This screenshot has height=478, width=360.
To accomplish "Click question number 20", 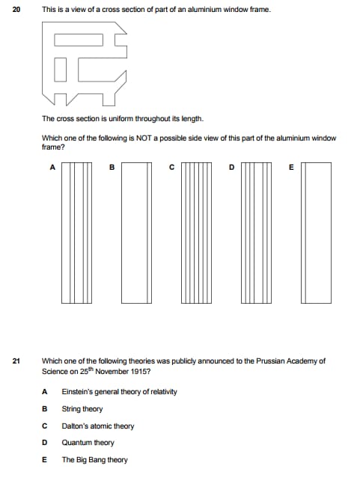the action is (x=16, y=10).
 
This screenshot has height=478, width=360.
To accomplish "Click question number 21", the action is (x=16, y=361).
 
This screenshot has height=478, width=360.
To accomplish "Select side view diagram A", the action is (x=76, y=233).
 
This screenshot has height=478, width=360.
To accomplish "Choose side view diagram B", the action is (x=136, y=233).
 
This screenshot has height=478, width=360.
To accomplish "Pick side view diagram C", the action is (x=197, y=233).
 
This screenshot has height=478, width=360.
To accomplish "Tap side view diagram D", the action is (x=256, y=233).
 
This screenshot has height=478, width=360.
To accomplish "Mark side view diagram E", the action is (x=316, y=233).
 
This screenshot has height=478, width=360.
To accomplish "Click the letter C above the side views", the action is (x=171, y=167).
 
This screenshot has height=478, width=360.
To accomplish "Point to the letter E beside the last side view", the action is (x=291, y=167).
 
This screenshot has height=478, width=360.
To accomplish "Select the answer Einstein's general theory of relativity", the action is (x=119, y=392).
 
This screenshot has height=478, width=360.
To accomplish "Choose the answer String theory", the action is (x=82, y=408).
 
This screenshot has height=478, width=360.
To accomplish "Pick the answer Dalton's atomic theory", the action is (x=98, y=426).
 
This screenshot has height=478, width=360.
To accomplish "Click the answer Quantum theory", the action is (x=88, y=443).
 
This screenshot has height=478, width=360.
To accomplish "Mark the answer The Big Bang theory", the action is (x=94, y=460).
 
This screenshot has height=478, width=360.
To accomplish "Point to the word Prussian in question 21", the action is (x=269, y=361).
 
